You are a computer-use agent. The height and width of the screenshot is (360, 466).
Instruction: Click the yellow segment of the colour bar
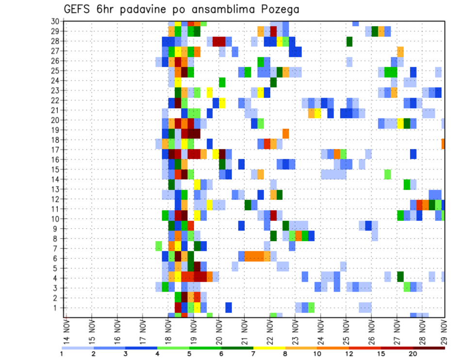point(269,348)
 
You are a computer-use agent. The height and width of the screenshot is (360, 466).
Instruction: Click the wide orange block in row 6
point(257,256)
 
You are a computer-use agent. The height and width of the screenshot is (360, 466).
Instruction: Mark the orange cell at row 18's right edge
point(443,144)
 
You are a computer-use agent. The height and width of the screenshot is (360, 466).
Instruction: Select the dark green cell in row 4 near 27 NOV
point(400,276)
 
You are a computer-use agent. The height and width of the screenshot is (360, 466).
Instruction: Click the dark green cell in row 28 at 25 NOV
point(349,41)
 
